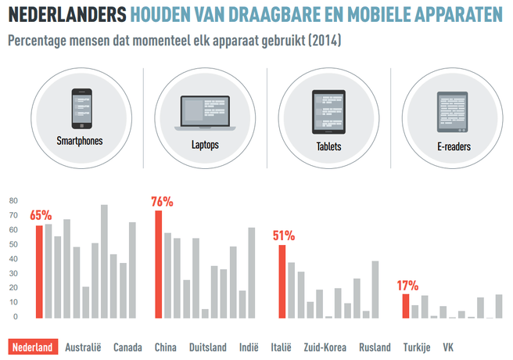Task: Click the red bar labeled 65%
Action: (x=39, y=271)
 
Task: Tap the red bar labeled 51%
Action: (x=282, y=281)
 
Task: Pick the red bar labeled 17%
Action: (x=405, y=305)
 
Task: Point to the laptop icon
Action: (x=204, y=110)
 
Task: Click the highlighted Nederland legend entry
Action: (x=34, y=347)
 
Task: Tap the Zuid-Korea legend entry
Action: (x=325, y=347)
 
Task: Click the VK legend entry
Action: (x=448, y=347)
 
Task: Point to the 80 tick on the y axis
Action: (x=13, y=201)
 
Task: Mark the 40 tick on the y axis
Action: (x=13, y=259)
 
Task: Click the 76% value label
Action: (x=163, y=202)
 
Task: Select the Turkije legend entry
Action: (x=417, y=347)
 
